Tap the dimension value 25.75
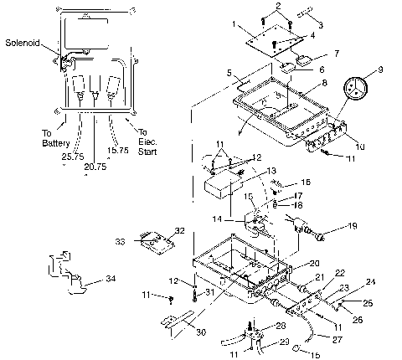click(50, 156)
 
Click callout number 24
click(369, 282)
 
